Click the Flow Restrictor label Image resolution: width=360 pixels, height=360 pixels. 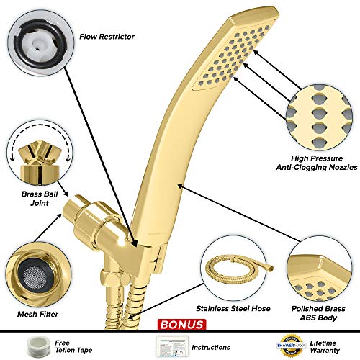[x=107, y=37]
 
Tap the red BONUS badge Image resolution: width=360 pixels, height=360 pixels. [x=181, y=325]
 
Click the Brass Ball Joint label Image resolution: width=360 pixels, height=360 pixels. [x=40, y=199]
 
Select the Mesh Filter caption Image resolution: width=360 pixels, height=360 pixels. [x=37, y=314]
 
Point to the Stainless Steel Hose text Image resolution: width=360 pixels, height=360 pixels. [x=233, y=308]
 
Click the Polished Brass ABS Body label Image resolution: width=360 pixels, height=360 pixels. [x=318, y=313]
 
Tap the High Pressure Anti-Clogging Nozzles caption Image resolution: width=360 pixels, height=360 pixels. [x=317, y=163]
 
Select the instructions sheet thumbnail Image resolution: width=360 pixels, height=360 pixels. [x=172, y=346]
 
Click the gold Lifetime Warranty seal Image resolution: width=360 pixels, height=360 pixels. [x=292, y=346]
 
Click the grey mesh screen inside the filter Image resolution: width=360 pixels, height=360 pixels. [x=35, y=276]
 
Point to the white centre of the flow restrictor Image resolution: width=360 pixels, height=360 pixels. [x=37, y=45]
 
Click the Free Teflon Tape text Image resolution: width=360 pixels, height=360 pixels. [x=73, y=346]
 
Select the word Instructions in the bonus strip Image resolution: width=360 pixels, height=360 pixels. [x=211, y=347]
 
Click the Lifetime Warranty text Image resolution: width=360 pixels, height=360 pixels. [x=325, y=346]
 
